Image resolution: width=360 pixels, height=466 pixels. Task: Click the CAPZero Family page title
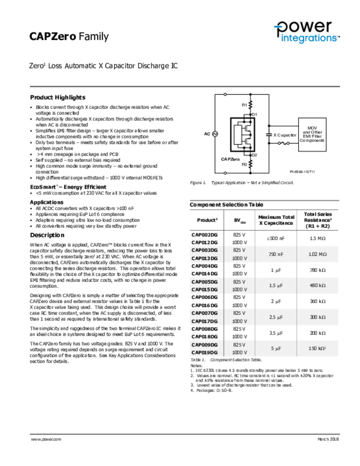click(x=69, y=36)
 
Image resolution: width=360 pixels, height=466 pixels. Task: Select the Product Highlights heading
click(x=57, y=97)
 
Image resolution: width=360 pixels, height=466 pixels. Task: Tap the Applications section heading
click(x=47, y=202)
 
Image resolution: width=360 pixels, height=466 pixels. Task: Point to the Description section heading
click(x=47, y=235)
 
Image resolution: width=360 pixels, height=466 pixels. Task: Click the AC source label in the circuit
click(x=207, y=134)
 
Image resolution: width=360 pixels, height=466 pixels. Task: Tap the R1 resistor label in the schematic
click(x=244, y=105)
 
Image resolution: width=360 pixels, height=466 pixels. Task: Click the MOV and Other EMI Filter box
click(x=312, y=134)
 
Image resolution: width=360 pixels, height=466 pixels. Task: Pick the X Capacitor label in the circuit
click(x=284, y=135)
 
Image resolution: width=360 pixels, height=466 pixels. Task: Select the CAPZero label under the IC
click(x=230, y=159)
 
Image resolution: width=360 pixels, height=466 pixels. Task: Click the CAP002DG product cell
click(x=204, y=234)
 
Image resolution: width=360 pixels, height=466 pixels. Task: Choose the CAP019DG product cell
click(x=204, y=352)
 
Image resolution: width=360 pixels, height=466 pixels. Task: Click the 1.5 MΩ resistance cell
click(x=318, y=238)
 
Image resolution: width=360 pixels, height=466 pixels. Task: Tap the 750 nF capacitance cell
click(x=276, y=254)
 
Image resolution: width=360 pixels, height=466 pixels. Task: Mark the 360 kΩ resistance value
click(x=318, y=301)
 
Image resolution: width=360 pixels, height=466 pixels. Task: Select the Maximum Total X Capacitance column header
click(x=276, y=220)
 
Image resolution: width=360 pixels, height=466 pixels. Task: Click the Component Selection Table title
click(x=226, y=205)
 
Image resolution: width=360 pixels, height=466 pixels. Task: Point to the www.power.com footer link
click(x=46, y=439)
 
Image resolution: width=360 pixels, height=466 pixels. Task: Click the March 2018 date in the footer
click(x=328, y=439)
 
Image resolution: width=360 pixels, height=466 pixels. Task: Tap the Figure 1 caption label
click(x=198, y=182)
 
